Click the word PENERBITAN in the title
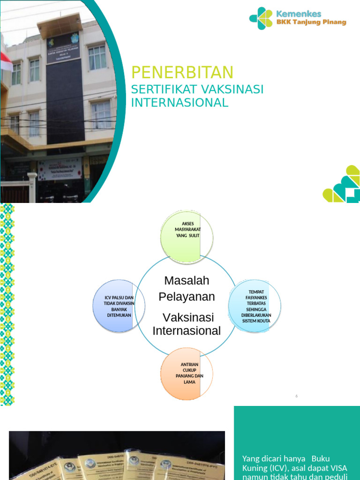[x=182, y=73]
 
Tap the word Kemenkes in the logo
[x=299, y=14]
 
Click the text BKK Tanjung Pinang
[x=311, y=22]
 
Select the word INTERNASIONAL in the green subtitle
[x=180, y=103]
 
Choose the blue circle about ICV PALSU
[x=119, y=306]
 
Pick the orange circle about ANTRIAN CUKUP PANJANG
[x=187, y=373]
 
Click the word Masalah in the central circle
[x=187, y=281]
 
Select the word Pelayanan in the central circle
[x=187, y=297]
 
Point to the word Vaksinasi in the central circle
[x=187, y=317]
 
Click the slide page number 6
[x=297, y=396]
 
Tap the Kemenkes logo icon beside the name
[x=261, y=18]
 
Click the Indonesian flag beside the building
[x=6, y=61]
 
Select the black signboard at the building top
[x=63, y=47]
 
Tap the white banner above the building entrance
[x=60, y=169]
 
